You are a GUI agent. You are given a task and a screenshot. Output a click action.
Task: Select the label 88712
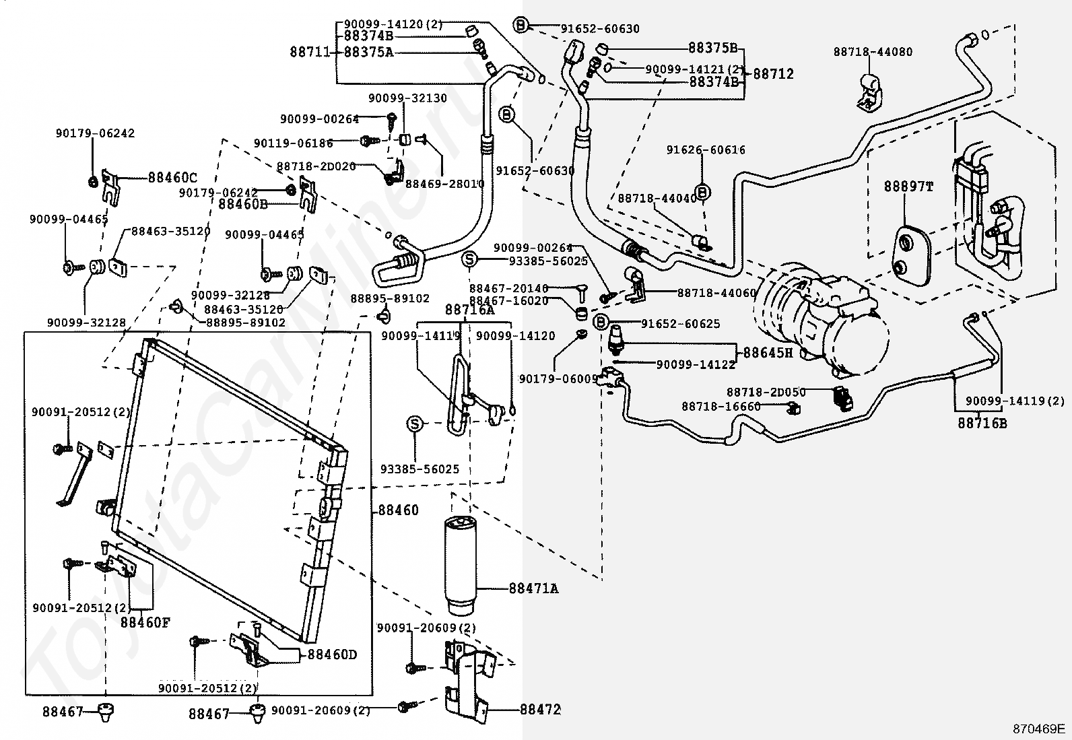(x=773, y=74)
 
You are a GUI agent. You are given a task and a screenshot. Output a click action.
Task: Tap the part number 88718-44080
(x=873, y=52)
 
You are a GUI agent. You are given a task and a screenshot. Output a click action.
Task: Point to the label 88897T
(x=908, y=187)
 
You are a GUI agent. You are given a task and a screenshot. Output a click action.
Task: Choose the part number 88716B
(x=982, y=424)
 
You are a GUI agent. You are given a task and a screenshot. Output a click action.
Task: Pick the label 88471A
(x=533, y=588)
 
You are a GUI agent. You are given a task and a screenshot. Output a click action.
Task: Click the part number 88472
(x=540, y=709)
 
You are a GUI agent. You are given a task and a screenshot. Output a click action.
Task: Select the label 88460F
(x=145, y=622)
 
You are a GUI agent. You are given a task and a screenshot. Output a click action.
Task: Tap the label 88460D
(x=332, y=654)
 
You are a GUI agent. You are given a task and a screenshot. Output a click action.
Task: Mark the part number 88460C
(x=172, y=178)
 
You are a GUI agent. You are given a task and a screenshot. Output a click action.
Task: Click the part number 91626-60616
(x=706, y=150)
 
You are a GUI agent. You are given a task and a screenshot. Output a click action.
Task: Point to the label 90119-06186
(x=294, y=143)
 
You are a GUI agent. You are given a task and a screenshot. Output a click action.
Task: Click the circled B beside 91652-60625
(x=601, y=323)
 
